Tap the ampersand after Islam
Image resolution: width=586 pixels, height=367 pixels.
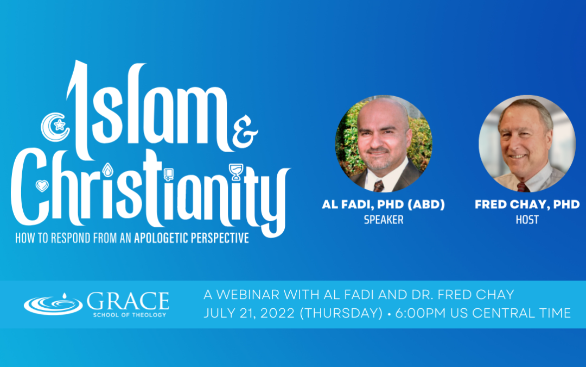pos(245,132)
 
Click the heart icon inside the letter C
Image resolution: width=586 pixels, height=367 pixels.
pos(42,186)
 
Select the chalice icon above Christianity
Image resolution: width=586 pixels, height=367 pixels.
pos(236,172)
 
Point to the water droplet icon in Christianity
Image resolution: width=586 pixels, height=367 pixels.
pos(107,170)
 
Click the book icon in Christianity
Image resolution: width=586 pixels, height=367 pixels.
pos(169,175)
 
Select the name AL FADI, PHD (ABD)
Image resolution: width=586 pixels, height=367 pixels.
pos(384,204)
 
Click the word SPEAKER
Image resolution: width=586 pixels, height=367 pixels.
pos(384,220)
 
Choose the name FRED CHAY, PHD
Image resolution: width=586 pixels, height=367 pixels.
pos(527,204)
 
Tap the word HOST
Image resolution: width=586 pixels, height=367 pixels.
pos(527,220)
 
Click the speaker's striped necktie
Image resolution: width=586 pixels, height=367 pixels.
pos(378,186)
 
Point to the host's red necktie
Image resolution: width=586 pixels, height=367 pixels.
pos(522,187)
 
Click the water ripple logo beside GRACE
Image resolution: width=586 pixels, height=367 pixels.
pos(53,304)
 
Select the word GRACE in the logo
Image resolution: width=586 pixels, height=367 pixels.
pos(128,301)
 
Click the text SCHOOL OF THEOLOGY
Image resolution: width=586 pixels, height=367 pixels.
pos(129,315)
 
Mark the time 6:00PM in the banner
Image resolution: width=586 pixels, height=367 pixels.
pos(421,313)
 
